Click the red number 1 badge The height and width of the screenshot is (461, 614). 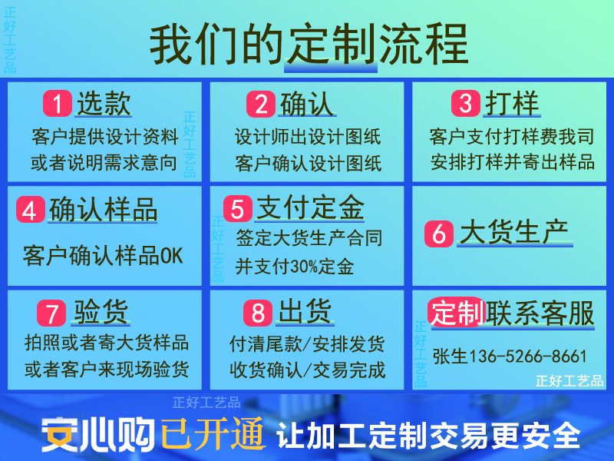[x=57, y=104]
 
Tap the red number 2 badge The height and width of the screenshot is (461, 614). [x=261, y=104]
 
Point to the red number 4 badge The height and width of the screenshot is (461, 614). [x=30, y=210]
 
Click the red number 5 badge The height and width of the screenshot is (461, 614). [x=237, y=209]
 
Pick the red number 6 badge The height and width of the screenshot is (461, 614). [x=438, y=234]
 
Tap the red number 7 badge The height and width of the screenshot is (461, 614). [x=51, y=313]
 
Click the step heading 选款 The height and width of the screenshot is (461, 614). [x=104, y=104]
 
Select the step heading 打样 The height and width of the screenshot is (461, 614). [x=513, y=104]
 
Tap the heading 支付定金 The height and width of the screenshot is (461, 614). [x=309, y=208]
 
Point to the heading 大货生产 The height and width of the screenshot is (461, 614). [x=513, y=233]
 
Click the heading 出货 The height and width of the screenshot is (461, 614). [x=305, y=313]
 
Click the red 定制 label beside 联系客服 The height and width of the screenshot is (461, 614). [x=457, y=313]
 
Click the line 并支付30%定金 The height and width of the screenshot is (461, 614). [x=295, y=267]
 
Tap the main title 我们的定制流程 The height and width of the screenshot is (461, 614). [x=308, y=44]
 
